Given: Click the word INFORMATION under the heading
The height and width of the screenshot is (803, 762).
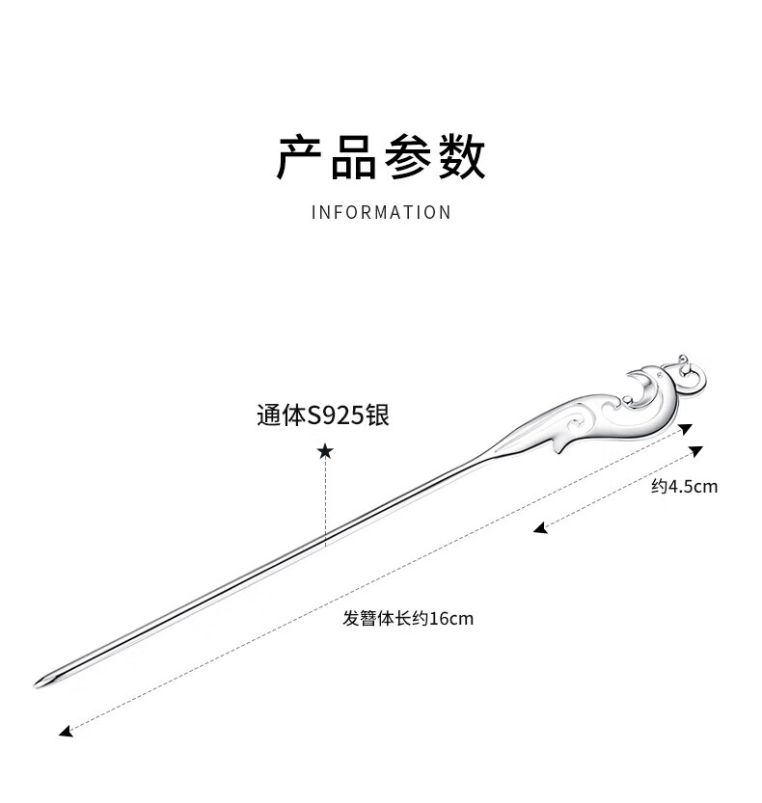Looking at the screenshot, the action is tap(381, 212).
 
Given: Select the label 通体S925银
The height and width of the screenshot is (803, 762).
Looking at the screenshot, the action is tap(323, 415).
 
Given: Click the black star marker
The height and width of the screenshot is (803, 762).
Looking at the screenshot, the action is tap(325, 451).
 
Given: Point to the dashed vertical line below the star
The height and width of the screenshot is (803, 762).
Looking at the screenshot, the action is tap(325, 501).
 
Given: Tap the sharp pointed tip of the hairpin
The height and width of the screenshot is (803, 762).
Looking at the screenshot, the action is tap(39, 684).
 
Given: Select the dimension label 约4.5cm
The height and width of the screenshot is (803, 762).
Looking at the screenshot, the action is tap(684, 487).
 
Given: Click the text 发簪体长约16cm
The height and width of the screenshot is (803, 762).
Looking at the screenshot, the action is tap(408, 619).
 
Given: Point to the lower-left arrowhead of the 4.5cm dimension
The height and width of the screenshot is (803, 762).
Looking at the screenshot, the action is tap(540, 527).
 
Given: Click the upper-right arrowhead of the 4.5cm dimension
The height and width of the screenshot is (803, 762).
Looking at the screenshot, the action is tap(697, 450).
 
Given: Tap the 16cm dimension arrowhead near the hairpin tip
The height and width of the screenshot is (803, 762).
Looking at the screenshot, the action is tap(65, 733).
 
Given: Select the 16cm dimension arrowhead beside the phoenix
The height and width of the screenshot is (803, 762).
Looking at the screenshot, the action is tap(685, 429).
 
